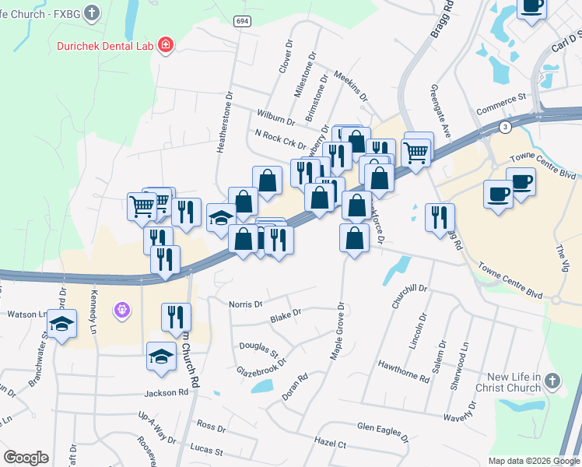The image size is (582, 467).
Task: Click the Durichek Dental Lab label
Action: pos(105,45)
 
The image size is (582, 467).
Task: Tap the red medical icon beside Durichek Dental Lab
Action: pos(165,45)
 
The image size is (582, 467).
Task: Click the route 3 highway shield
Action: pos(506,126)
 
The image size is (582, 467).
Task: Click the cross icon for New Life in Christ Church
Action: pos(552,381)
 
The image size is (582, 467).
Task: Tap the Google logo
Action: pos(26,458)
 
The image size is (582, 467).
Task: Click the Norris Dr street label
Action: pos(247,304)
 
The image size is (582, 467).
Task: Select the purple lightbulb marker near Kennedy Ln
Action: pos(121,311)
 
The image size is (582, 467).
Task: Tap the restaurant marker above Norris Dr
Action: pos(176,316)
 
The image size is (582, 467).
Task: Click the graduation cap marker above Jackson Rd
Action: pos(161,356)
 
